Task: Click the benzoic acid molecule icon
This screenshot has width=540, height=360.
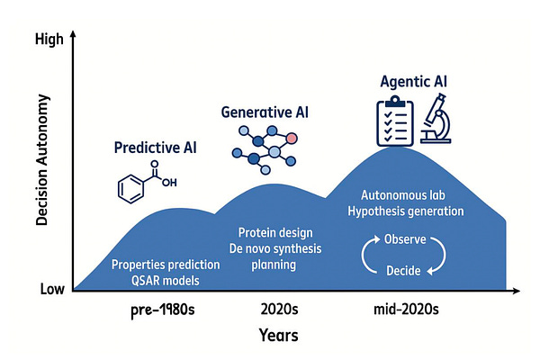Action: pyautogui.click(x=145, y=184)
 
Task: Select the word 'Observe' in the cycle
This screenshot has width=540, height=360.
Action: pyautogui.click(x=405, y=240)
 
